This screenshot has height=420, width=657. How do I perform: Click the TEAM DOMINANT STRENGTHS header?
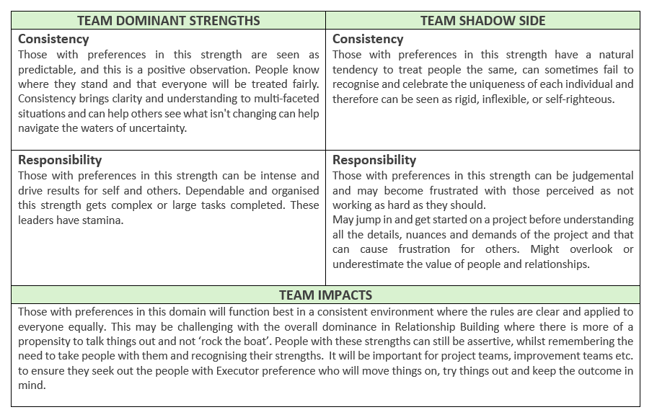tap(168, 20)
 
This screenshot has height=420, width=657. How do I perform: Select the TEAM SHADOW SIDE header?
tap(482, 20)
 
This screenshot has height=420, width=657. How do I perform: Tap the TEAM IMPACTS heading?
tap(325, 295)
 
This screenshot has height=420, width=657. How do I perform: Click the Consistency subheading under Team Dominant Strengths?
tap(53, 39)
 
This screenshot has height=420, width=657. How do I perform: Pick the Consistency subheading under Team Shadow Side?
tap(368, 39)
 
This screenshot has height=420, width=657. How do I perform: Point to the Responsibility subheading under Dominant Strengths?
tap(60, 160)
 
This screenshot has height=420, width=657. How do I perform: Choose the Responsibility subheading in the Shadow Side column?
tap(374, 160)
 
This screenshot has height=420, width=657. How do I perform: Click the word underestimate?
tap(369, 264)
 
